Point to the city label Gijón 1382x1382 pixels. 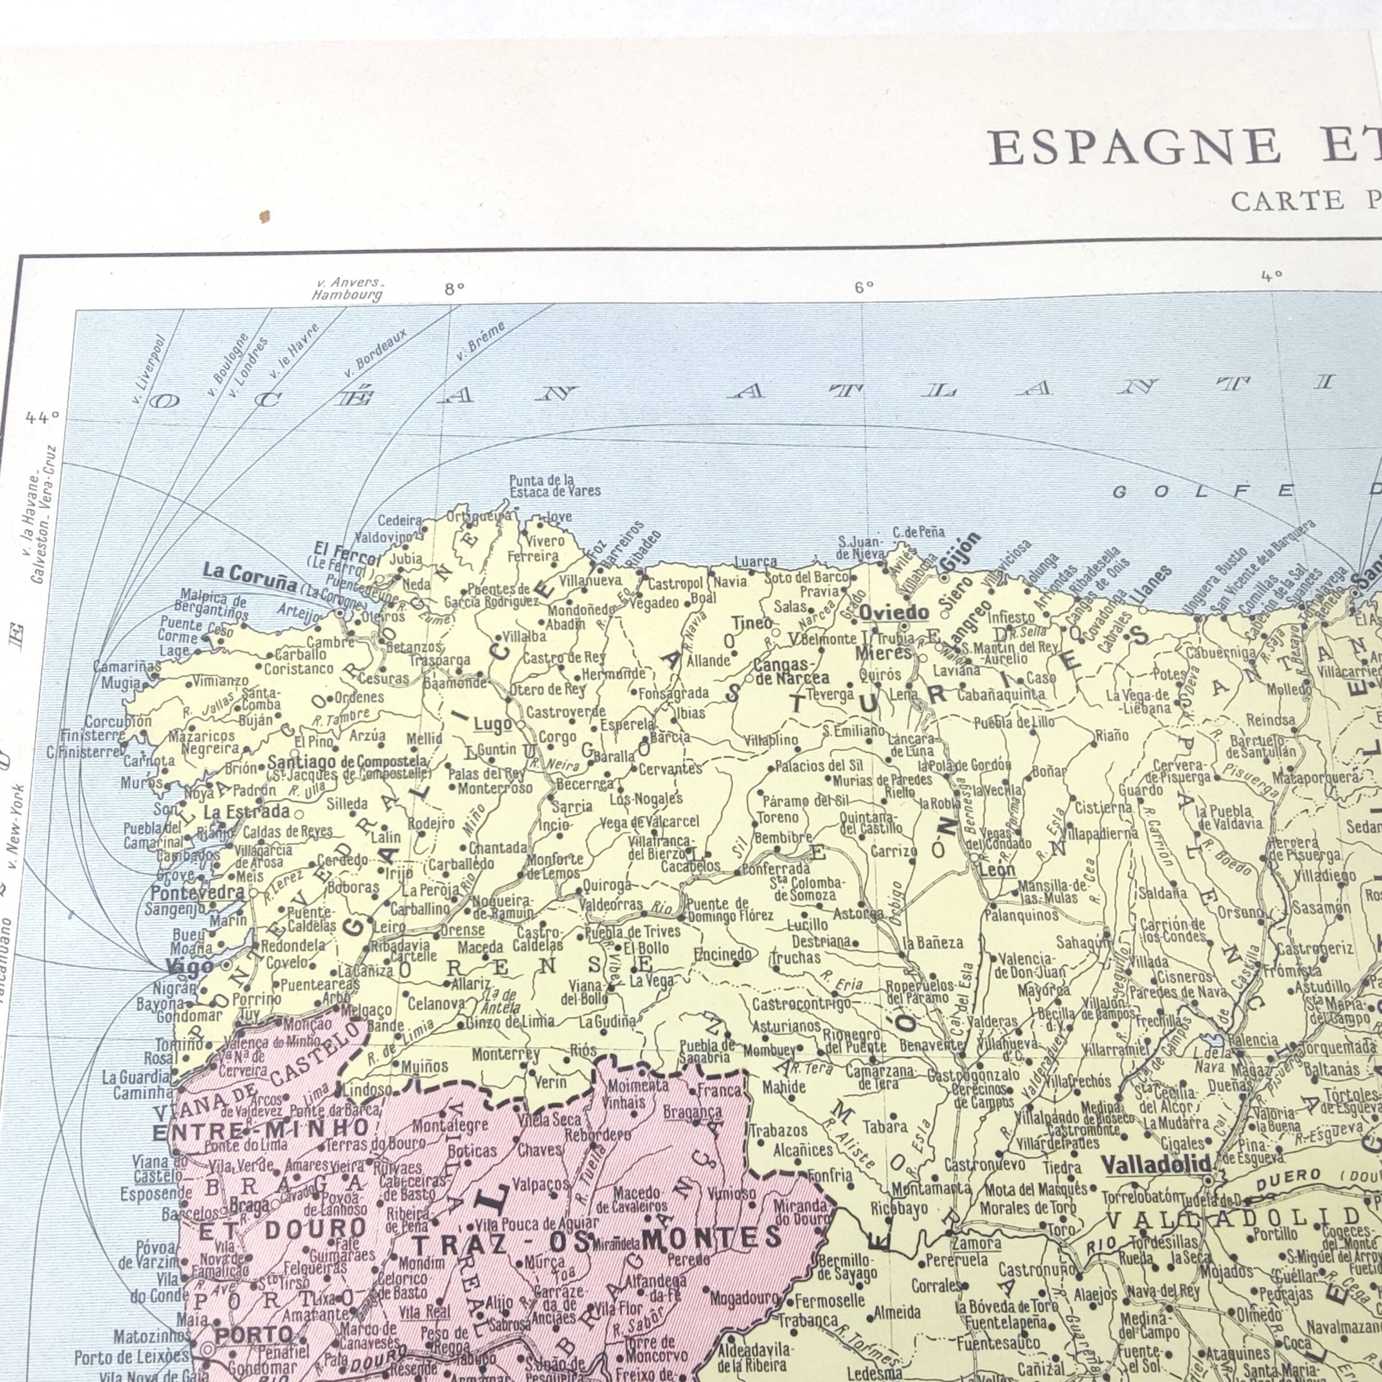pyautogui.click(x=960, y=552)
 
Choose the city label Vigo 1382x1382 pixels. pyautogui.click(x=189, y=966)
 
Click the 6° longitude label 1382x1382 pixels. pyautogui.click(x=864, y=287)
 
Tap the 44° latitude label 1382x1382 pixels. pyautogui.click(x=42, y=418)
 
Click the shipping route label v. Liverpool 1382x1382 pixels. pyautogui.click(x=149, y=370)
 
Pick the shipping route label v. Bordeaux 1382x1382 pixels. pyautogui.click(x=375, y=353)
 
